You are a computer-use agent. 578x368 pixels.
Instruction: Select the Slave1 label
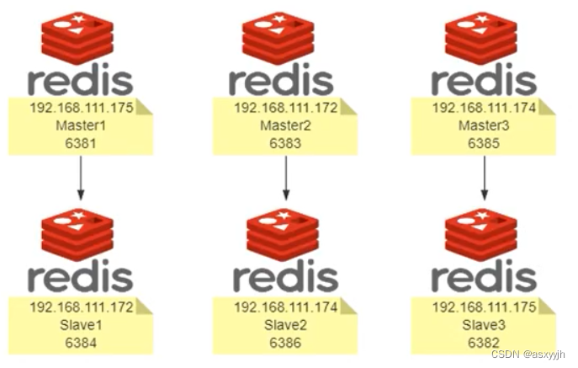pos(82,325)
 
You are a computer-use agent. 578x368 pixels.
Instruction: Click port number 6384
pos(82,343)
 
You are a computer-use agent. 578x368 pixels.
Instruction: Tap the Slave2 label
pos(285,325)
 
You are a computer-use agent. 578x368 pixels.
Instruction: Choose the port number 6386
pos(285,343)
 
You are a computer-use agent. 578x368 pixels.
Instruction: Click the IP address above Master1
pos(82,108)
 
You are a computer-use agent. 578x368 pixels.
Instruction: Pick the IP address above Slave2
pos(285,308)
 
